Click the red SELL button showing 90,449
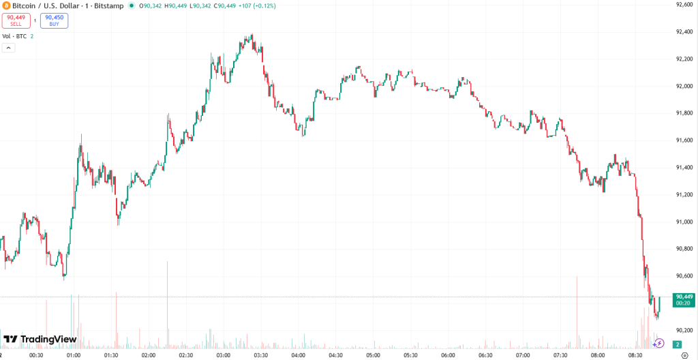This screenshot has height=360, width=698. coord(16,20)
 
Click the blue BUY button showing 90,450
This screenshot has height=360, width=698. coord(54,20)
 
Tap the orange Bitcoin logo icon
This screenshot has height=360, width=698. coord(6,5)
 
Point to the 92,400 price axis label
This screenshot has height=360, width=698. coord(684,31)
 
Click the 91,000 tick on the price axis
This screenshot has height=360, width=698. coord(684,222)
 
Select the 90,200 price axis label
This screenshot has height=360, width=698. coord(684,330)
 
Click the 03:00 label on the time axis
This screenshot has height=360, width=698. coord(224,355)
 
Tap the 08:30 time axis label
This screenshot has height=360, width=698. coord(635,355)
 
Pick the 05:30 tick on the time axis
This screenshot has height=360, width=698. coord(410,355)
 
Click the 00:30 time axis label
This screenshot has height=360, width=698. coord(37,355)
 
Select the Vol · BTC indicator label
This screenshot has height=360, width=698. coord(14,36)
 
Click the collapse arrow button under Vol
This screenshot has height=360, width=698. coord(9,48)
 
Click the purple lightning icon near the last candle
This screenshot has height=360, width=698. coord(659,343)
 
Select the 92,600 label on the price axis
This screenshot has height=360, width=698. coord(684,5)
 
